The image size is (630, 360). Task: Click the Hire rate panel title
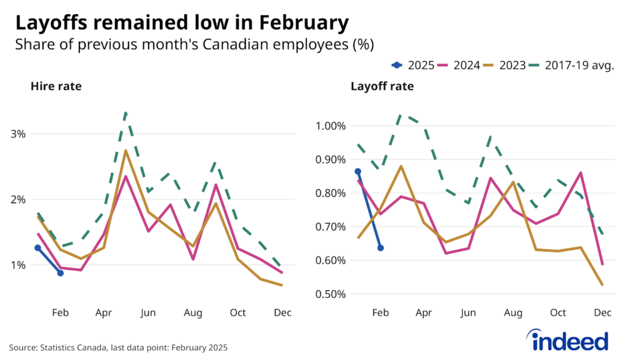pos(56,87)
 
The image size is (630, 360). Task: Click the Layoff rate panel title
pos(382,87)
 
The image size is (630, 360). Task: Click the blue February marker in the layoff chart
pos(380,248)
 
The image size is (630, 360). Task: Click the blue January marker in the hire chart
pos(38,248)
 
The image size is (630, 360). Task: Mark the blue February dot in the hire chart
pos(60,273)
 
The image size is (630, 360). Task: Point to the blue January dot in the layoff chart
pos(357,172)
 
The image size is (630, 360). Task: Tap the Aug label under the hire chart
pos(193,313)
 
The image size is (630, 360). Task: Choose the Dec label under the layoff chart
pos(603,313)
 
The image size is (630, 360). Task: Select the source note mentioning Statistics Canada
pos(118,348)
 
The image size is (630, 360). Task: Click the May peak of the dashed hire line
pos(126,113)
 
